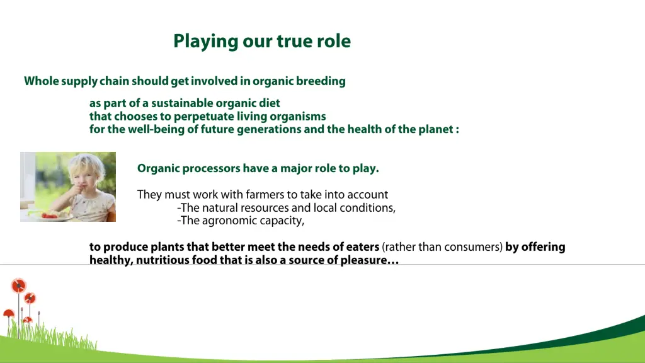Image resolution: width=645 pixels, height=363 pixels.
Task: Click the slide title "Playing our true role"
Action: click(262, 42)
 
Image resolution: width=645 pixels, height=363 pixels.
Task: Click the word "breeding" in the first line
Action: click(321, 81)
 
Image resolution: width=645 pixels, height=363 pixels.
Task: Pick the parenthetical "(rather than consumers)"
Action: click(442, 247)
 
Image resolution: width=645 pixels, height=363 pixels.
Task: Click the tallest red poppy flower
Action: click(18, 285)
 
